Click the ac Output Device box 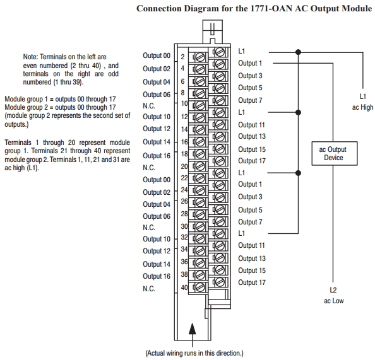point(335,153)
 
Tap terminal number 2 point(182,57)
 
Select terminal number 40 point(184,287)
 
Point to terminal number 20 point(184,166)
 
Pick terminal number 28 point(184,214)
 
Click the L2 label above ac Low point(333,290)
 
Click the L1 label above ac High point(363,96)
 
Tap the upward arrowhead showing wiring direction point(193,328)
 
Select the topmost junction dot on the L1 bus point(298,52)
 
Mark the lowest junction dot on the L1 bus point(298,173)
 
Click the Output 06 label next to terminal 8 point(157,95)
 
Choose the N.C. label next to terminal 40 point(149,289)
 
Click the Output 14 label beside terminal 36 point(157,264)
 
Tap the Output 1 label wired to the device point(250,63)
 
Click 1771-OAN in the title point(271,8)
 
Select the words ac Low point(334,301)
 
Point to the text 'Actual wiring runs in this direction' point(194,353)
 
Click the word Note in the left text point(30,57)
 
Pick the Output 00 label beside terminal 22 point(157,180)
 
